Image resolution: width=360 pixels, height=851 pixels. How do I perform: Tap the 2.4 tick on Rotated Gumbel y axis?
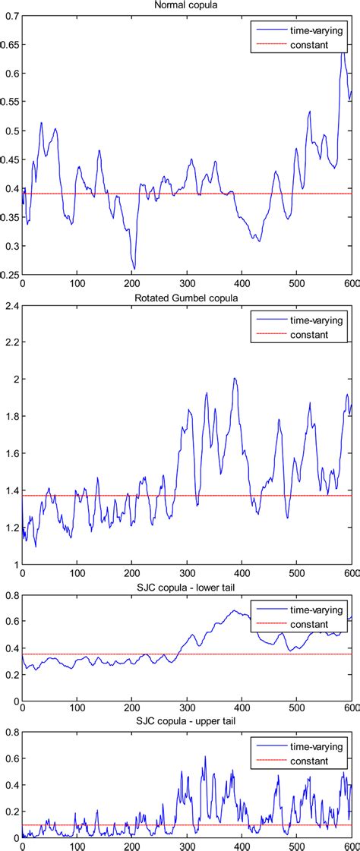click(11, 306)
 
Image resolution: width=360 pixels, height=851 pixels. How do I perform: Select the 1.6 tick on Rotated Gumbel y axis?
click(11, 453)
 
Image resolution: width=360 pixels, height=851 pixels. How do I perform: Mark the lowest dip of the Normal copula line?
click(134, 268)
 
